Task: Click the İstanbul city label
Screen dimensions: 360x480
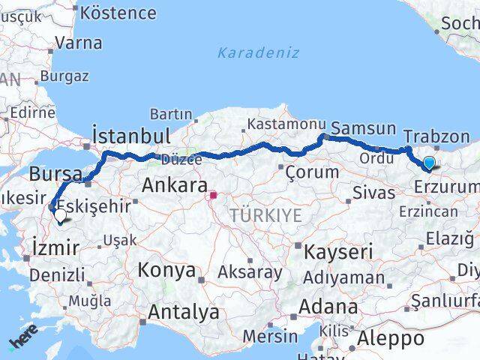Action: click(130, 136)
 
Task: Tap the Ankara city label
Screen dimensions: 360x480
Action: click(174, 185)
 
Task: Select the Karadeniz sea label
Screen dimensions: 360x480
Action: click(258, 53)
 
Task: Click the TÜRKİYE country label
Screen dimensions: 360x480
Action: click(265, 216)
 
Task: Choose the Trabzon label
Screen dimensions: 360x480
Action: click(436, 137)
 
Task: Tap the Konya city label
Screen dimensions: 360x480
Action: click(166, 270)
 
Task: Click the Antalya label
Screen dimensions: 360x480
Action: click(184, 311)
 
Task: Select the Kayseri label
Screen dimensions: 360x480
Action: click(337, 252)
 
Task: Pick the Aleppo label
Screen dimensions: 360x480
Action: click(391, 338)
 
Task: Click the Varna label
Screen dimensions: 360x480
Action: click(78, 43)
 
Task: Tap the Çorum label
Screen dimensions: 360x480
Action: click(312, 172)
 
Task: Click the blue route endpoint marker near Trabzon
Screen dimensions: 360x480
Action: click(429, 163)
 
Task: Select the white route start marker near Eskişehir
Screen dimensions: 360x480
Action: click(60, 215)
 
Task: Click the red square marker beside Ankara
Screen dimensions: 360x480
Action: click(214, 196)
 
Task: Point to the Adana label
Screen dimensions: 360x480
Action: click(328, 307)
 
